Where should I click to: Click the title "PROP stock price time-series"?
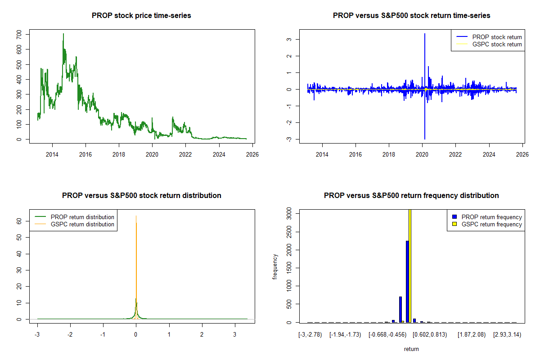coord(141,16)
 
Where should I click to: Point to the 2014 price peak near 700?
coord(63,34)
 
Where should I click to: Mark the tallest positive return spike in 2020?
coord(424,34)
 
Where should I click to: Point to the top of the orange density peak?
coord(136,216)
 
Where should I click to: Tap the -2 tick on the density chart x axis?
coord(70,335)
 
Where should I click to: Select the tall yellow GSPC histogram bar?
coord(410,265)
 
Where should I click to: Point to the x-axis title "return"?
coord(411,349)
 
